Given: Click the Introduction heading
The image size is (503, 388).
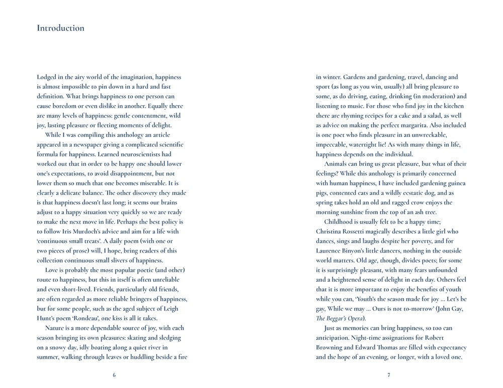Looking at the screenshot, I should (60, 28).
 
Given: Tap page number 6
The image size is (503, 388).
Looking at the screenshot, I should (114, 375).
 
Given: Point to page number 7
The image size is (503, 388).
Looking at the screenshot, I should (389, 375).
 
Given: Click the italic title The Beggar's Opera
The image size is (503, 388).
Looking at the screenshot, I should (340, 318).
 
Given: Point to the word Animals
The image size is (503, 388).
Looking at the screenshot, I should (339, 164).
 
